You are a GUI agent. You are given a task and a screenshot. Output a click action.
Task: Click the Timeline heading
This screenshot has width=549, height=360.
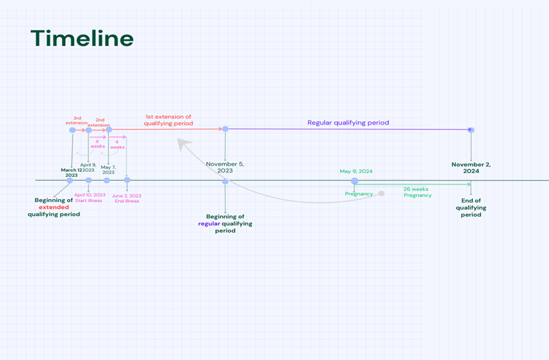82,39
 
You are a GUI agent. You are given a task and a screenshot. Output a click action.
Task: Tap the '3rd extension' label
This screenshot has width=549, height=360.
77,119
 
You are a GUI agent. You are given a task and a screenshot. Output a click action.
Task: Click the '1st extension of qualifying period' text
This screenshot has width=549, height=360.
168,120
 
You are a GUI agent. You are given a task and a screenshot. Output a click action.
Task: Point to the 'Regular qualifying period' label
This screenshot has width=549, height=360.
348,123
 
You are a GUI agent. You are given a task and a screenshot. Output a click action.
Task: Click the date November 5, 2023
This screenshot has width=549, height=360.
225,167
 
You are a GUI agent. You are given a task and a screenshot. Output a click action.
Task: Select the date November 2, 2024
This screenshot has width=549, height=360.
471,168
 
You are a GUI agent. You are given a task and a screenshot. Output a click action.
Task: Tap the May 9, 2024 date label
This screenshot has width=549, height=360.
356,171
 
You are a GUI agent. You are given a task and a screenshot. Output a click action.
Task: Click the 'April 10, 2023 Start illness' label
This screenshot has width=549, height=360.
90,198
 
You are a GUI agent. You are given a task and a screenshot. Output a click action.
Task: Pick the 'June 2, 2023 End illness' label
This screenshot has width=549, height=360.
127,198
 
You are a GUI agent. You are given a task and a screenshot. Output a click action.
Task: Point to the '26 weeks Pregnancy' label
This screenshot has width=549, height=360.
417,192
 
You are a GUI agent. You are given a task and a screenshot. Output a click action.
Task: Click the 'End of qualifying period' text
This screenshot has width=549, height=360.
471,208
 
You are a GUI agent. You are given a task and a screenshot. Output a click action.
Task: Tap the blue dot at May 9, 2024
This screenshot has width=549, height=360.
354,181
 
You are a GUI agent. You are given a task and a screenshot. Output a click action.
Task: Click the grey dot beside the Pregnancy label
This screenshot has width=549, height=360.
381,194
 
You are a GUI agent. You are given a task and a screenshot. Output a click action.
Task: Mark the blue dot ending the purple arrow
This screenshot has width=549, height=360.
471,130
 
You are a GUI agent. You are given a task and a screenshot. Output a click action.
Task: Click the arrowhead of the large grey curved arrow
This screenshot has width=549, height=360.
181,143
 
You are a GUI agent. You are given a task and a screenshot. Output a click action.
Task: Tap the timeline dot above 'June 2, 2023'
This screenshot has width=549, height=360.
127,180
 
